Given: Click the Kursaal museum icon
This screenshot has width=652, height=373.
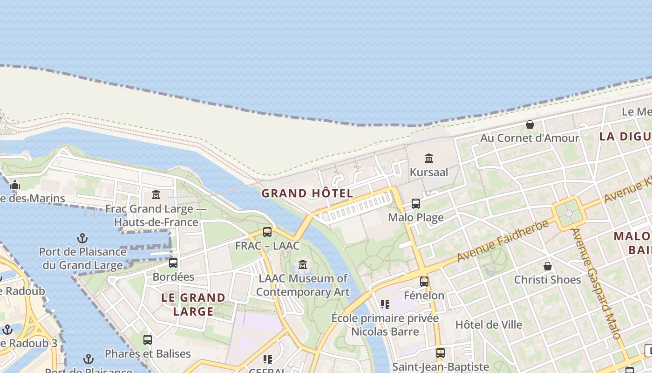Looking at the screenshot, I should (429, 159).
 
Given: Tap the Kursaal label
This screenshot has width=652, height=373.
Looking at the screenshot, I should (429, 172).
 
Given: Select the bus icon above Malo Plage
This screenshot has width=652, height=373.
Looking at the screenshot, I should (416, 204).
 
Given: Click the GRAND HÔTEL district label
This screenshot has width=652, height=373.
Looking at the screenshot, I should (307, 193).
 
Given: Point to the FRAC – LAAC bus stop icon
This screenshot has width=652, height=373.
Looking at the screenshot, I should (267, 232).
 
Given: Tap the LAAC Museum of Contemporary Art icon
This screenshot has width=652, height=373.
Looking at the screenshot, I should (303, 264).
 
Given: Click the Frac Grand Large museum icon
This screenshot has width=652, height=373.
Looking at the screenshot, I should (156, 194).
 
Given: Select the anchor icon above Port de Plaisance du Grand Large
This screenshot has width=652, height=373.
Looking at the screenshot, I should (82, 239).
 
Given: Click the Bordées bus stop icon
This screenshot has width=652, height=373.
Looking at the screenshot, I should (173, 262).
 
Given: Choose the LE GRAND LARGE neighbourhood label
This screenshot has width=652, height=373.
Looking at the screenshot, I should (193, 304).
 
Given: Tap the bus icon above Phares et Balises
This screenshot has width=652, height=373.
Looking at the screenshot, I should (148, 339).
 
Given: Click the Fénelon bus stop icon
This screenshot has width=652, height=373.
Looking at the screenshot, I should (424, 281).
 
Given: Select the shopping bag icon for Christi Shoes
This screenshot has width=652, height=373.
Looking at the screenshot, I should (548, 266).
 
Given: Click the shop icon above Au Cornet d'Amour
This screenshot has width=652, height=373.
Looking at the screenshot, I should (530, 124).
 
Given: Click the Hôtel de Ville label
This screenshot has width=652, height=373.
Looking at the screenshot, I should (489, 325).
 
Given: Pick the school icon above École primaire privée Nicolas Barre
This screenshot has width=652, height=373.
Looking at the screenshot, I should (385, 304).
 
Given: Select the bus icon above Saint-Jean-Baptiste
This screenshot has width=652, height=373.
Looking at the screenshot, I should (441, 353).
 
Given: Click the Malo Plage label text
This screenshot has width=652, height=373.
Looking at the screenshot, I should (416, 217).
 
